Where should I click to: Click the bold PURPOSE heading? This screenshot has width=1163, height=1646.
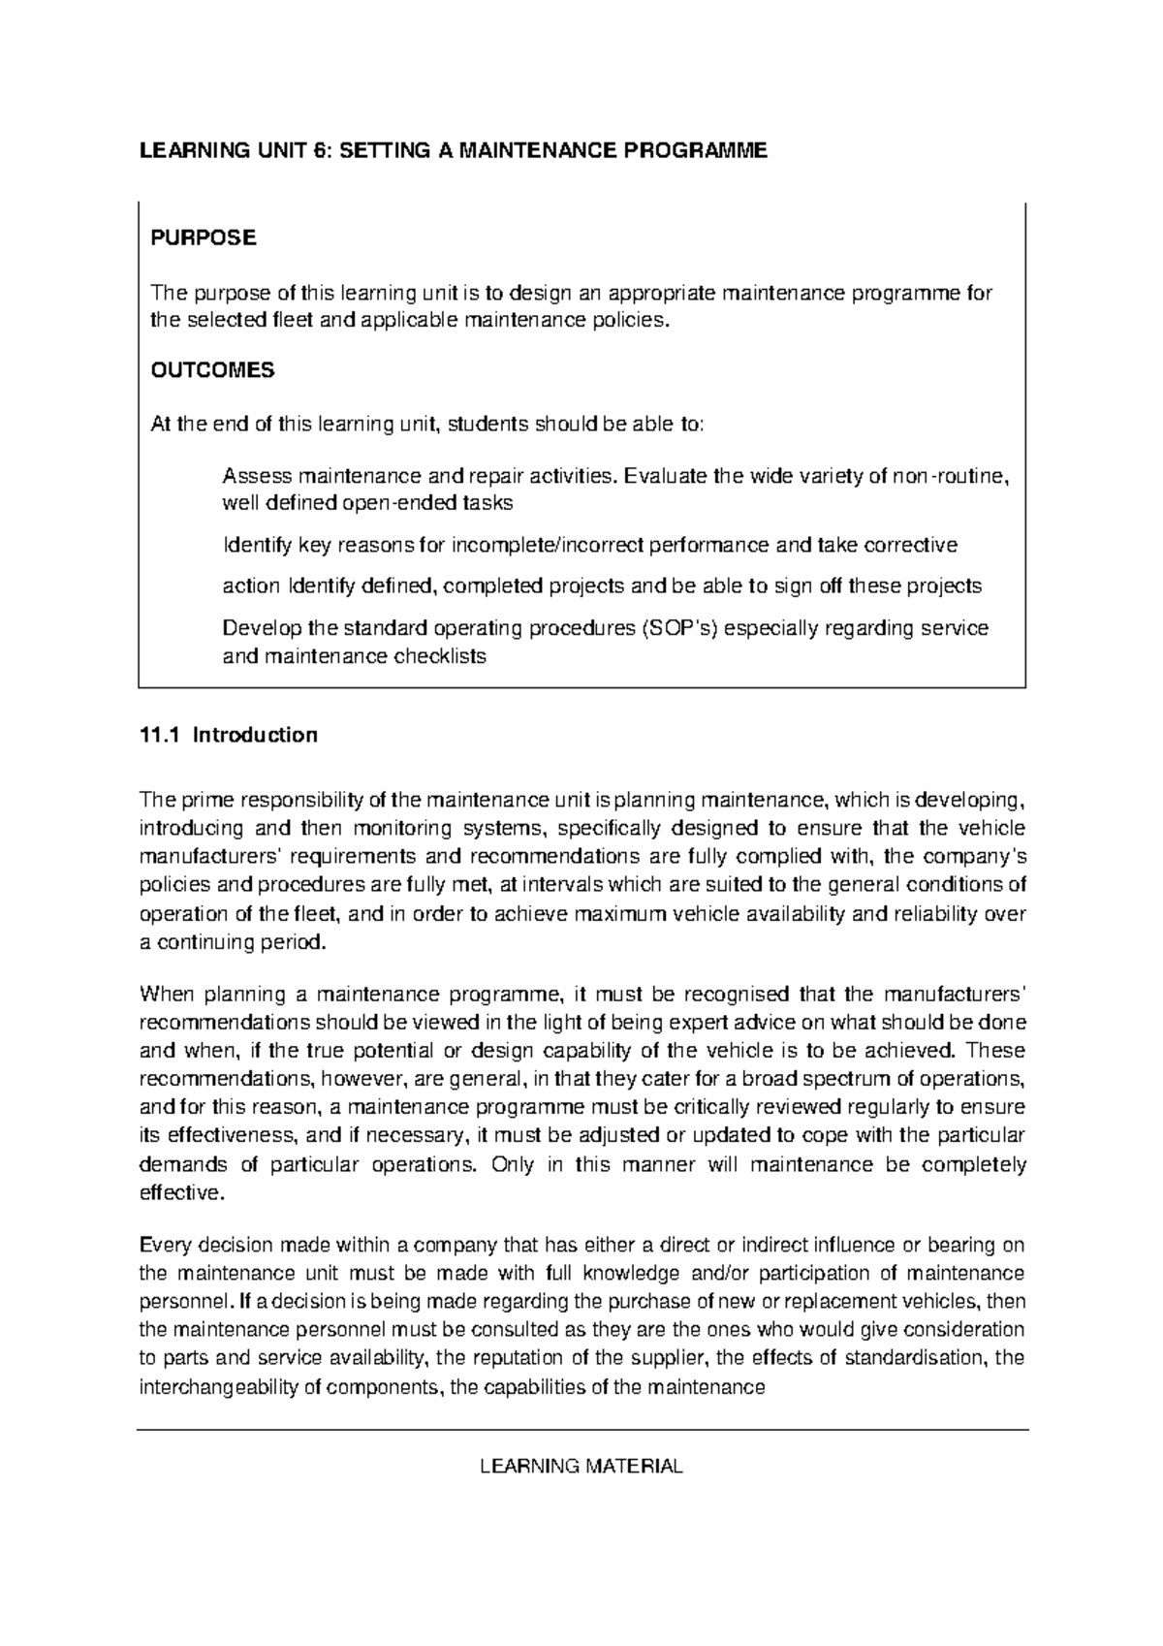[x=203, y=238]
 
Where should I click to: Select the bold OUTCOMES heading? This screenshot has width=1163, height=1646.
[x=212, y=370]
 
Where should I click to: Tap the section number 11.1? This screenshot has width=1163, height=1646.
[x=160, y=735]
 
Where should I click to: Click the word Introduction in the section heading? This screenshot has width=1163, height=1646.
[x=255, y=735]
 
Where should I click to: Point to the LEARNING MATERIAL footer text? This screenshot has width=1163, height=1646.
[x=581, y=1467]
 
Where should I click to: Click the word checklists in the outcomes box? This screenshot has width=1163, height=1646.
[x=439, y=656]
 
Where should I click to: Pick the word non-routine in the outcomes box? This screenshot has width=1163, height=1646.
[x=957, y=476]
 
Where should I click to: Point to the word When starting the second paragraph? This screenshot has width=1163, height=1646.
[x=167, y=995]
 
